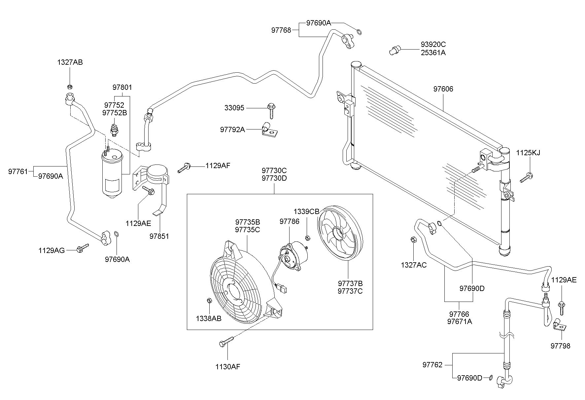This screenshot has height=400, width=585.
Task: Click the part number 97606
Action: [443, 89]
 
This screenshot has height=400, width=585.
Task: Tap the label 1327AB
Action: [70, 62]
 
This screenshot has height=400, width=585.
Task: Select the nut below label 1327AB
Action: [70, 87]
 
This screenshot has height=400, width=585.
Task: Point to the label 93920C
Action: [433, 44]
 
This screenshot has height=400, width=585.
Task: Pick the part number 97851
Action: [159, 236]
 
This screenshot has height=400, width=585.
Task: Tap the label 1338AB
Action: [208, 318]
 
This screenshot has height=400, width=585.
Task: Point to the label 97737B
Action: [350, 283]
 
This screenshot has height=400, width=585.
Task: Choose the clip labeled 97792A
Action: [268, 129]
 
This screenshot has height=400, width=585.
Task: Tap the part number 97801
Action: [122, 88]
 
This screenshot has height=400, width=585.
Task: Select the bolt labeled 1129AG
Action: [82, 248]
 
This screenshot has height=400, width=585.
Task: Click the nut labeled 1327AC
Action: [413, 239]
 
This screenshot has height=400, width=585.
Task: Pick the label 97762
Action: [432, 365]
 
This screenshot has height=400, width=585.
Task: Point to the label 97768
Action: [281, 30]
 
